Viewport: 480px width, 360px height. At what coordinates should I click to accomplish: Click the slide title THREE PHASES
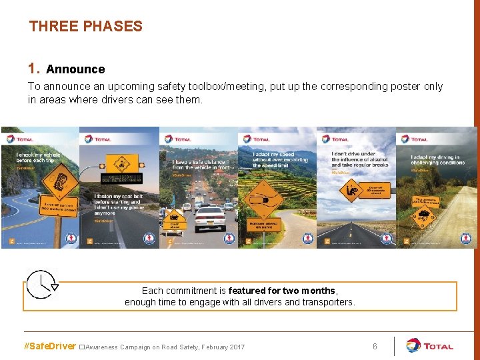85,27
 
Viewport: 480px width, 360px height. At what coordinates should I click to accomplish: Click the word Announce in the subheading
75,69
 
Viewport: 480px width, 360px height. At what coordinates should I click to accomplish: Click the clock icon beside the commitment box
42,285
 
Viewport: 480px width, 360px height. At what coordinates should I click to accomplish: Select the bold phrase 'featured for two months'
283,291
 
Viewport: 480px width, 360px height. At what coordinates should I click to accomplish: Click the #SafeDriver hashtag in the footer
49,347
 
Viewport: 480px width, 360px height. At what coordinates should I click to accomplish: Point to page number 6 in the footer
375,347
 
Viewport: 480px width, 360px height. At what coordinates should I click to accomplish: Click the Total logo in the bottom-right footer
430,346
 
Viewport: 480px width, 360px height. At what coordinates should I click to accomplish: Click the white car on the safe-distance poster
209,217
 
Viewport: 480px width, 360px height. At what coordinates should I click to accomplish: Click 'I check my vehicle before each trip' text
33,157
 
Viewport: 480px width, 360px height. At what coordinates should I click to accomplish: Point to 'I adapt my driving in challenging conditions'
436,161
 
